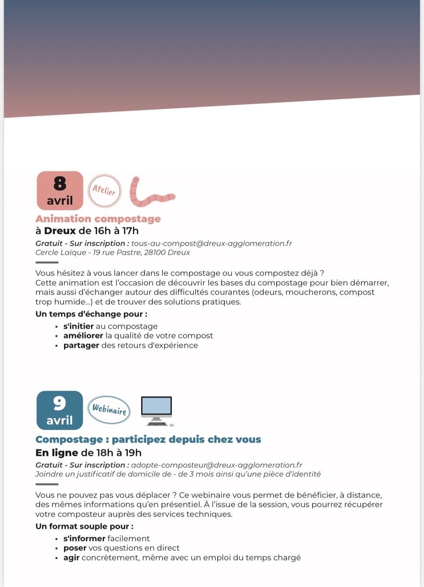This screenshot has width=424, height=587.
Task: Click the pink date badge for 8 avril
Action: (x=60, y=190)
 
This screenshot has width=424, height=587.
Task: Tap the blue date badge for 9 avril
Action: (x=60, y=410)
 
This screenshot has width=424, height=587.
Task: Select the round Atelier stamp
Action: (x=105, y=191)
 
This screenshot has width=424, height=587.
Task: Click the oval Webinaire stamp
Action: (x=109, y=410)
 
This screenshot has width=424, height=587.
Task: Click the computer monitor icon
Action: (x=157, y=410)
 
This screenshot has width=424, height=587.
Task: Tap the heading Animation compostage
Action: (x=98, y=219)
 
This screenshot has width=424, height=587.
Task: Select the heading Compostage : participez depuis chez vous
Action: (x=148, y=439)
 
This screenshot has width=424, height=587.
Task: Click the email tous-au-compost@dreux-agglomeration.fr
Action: (x=212, y=243)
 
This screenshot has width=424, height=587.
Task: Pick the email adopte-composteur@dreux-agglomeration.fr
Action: (x=217, y=465)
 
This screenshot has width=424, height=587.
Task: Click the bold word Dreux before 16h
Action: (x=60, y=231)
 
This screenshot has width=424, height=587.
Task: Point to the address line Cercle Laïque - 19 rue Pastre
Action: (x=113, y=252)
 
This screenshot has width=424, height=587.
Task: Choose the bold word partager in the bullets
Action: (x=81, y=346)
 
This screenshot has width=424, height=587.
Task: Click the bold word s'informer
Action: (x=84, y=539)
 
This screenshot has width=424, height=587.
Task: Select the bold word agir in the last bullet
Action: (x=71, y=558)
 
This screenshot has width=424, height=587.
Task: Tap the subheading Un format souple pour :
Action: (x=84, y=526)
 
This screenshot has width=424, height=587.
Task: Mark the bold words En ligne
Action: (x=57, y=453)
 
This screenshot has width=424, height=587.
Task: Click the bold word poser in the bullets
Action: (x=75, y=548)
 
